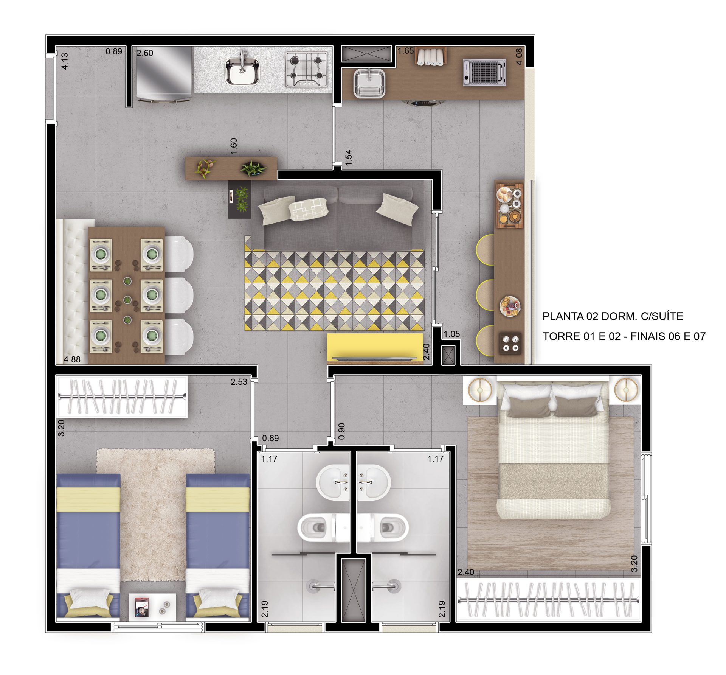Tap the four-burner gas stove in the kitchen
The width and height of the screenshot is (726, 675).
pyautogui.click(x=306, y=70)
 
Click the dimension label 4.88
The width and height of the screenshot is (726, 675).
pyautogui.click(x=72, y=359)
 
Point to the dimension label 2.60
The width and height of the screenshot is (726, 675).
pyautogui.click(x=145, y=53)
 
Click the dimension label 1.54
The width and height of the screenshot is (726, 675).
pyautogui.click(x=349, y=157)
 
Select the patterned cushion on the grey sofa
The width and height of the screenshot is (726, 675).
pyautogui.click(x=308, y=209)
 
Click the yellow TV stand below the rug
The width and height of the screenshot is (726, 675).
pyautogui.click(x=375, y=348)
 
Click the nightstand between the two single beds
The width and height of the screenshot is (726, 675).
pyautogui.click(x=153, y=607)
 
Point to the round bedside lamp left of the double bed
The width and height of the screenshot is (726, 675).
pyautogui.click(x=480, y=390)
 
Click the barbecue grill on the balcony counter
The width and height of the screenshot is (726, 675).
pyautogui.click(x=484, y=72)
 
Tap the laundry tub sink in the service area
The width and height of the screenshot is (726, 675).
pyautogui.click(x=369, y=83)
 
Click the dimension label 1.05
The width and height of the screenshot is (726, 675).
pyautogui.click(x=451, y=334)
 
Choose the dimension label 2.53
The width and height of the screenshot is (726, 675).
pyautogui.click(x=239, y=382)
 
